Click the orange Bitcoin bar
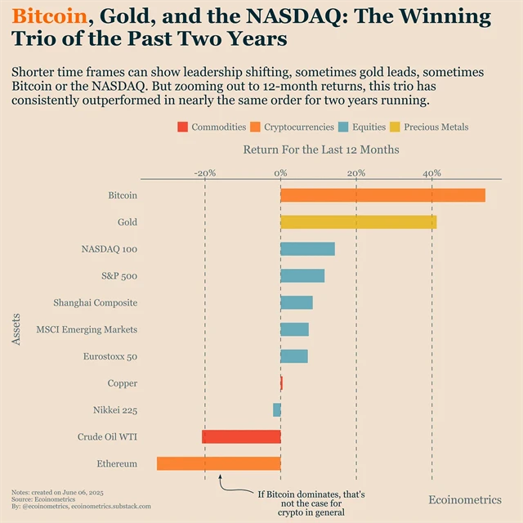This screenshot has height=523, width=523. (x=382, y=195)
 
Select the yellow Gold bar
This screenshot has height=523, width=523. (x=358, y=222)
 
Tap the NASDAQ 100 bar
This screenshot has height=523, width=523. (x=307, y=249)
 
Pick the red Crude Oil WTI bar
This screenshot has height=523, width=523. (x=241, y=436)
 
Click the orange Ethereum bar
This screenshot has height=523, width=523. (x=218, y=463)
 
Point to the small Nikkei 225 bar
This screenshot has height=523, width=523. (x=277, y=409)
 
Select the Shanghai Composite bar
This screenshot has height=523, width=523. (x=297, y=302)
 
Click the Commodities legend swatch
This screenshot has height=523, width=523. (x=182, y=127)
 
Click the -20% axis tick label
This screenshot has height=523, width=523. (x=204, y=172)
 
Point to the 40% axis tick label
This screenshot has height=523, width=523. (x=431, y=172)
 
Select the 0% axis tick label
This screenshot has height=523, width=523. (x=280, y=172)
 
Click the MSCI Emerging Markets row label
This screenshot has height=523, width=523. (x=87, y=329)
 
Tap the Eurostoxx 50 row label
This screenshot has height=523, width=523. (x=110, y=356)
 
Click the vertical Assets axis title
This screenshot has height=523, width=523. (x=17, y=329)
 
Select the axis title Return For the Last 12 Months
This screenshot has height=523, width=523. (x=321, y=150)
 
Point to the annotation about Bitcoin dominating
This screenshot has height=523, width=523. (x=311, y=503)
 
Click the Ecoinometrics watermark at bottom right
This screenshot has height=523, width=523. (x=465, y=499)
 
